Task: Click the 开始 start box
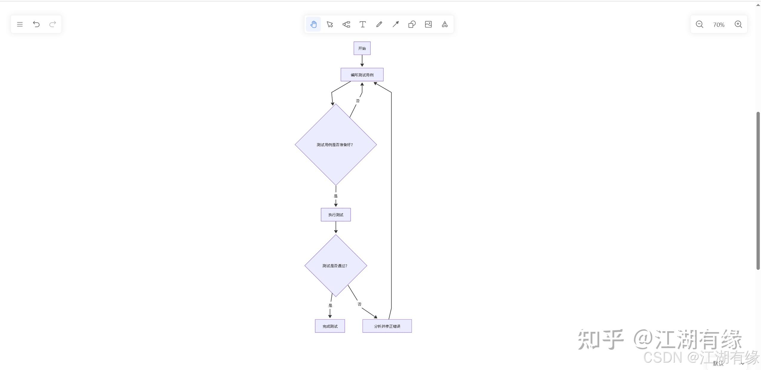[362, 48]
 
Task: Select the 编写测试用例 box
[362, 75]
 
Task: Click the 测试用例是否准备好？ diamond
[336, 145]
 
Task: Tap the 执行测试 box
[336, 215]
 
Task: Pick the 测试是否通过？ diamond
[336, 266]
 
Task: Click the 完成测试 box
[330, 326]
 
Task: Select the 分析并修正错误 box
[387, 326]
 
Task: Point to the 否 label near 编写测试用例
[358, 101]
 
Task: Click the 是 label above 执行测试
[336, 196]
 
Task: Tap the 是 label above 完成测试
[330, 305]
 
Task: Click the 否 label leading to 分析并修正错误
[360, 304]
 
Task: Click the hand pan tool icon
[313, 24]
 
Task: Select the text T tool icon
[363, 24]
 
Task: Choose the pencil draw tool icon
[379, 24]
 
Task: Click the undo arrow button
[36, 24]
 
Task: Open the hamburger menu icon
[20, 24]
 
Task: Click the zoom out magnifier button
[700, 24]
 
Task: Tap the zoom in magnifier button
[738, 24]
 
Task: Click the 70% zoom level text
[719, 25]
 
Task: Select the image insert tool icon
[428, 24]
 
